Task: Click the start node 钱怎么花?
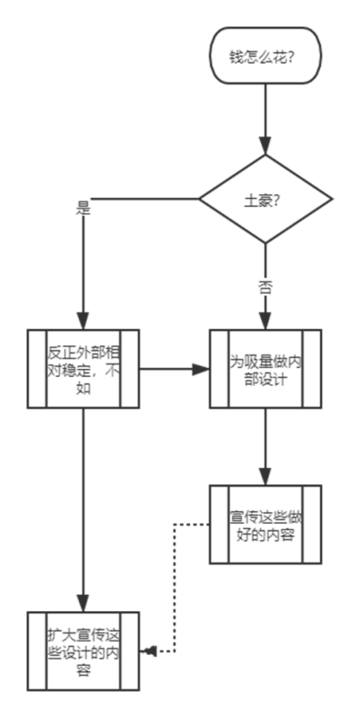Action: (265, 56)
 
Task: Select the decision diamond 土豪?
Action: (265, 199)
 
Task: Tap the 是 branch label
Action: (83, 209)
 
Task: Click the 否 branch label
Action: (265, 288)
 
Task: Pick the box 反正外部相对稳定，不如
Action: (83, 369)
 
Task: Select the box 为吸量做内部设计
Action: (265, 369)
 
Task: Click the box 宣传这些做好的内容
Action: (265, 525)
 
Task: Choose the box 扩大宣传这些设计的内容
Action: (83, 651)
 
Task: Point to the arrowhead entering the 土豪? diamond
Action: (265, 146)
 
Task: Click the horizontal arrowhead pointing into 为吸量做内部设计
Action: (201, 369)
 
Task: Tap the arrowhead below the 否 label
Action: (265, 320)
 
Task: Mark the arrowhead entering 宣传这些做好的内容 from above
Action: (265, 476)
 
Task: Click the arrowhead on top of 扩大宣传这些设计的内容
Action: (83, 603)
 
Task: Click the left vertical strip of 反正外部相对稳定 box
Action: (37, 369)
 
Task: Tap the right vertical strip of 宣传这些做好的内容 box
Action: (312, 525)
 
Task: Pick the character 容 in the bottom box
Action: (83, 671)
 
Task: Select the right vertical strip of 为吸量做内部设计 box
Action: (312, 369)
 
